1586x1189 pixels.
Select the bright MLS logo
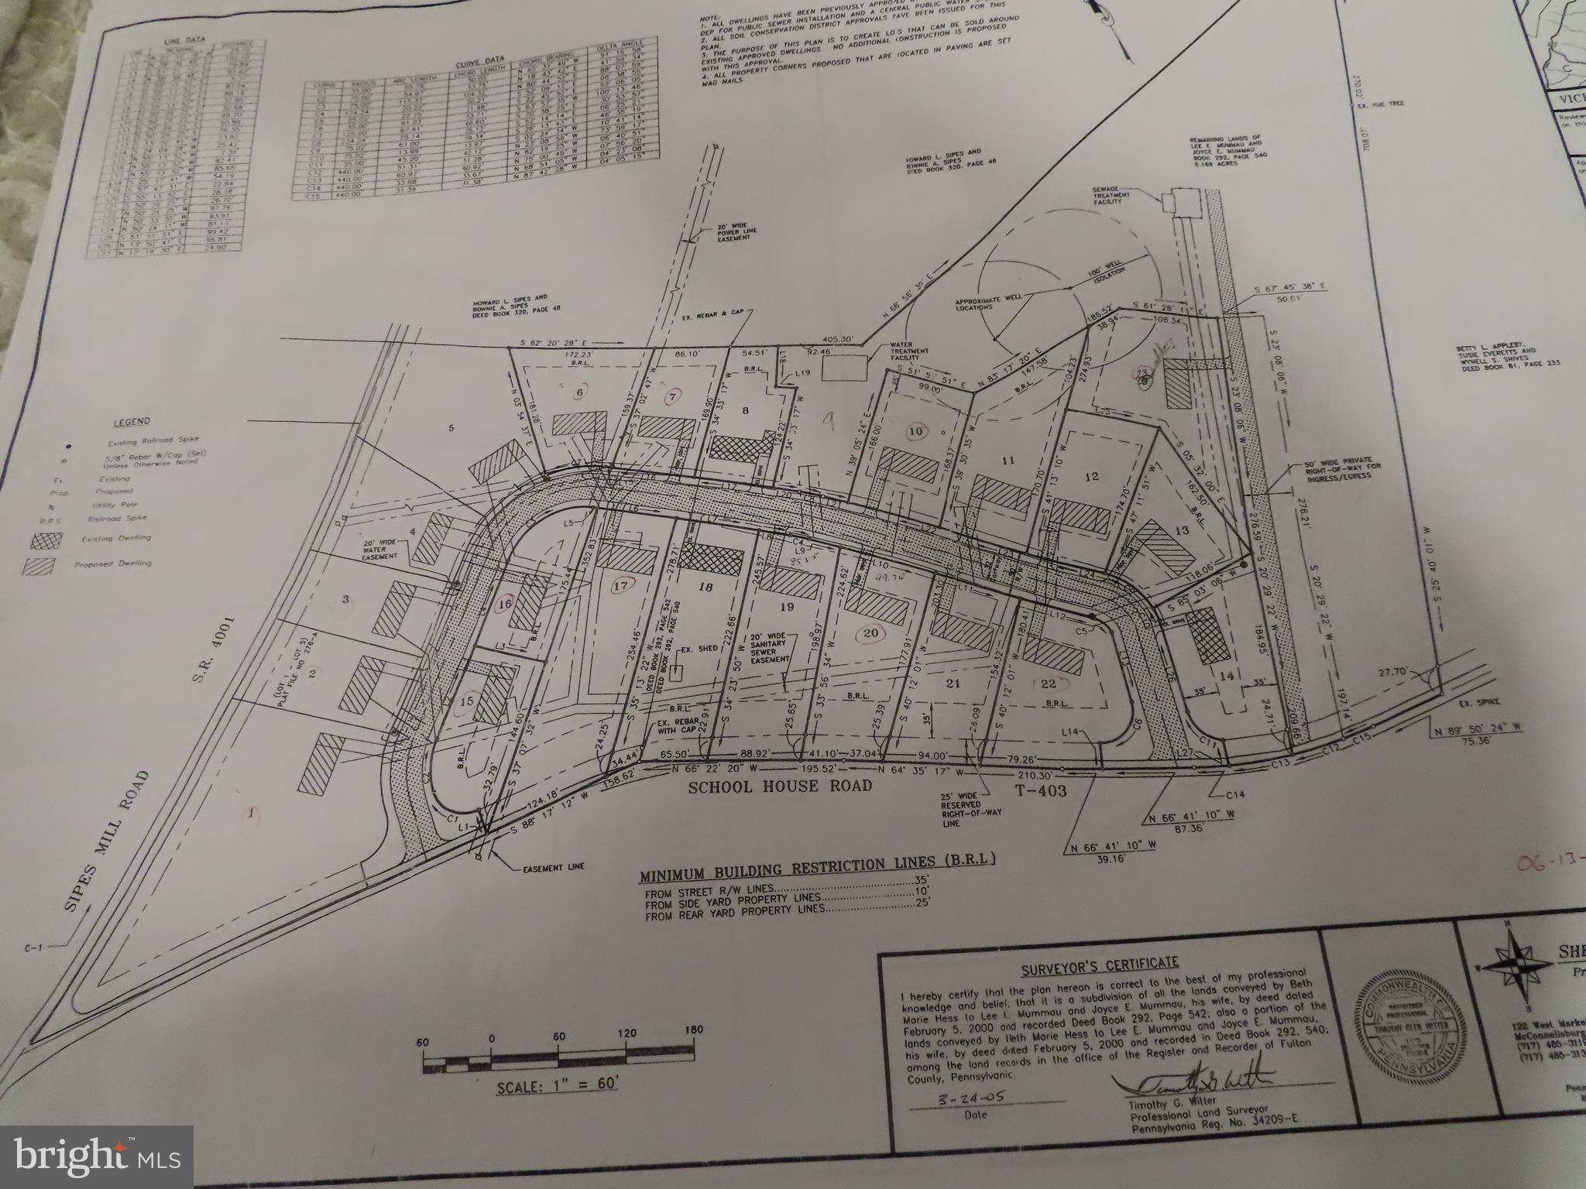[x=97, y=1155]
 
